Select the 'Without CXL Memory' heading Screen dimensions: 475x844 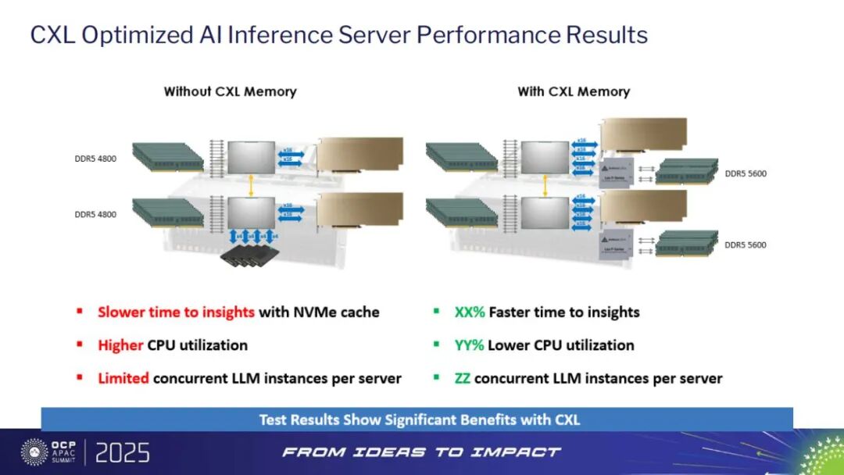[x=230, y=91]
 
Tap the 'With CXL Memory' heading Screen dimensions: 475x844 [x=574, y=91]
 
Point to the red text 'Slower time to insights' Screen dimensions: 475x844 [x=176, y=312]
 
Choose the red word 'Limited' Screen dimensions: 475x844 [x=123, y=378]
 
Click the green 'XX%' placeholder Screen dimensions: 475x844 [x=470, y=312]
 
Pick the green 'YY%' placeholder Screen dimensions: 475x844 [x=470, y=345]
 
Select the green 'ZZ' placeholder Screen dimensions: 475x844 [x=462, y=378]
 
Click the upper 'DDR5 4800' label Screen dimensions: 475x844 [x=96, y=159]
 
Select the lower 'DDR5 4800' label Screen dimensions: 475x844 [x=96, y=214]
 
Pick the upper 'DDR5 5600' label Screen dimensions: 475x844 [x=746, y=173]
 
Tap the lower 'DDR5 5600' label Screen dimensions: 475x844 [x=746, y=245]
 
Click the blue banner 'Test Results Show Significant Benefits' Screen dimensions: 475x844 [x=419, y=420]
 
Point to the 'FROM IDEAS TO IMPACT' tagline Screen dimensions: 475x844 [x=421, y=452]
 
